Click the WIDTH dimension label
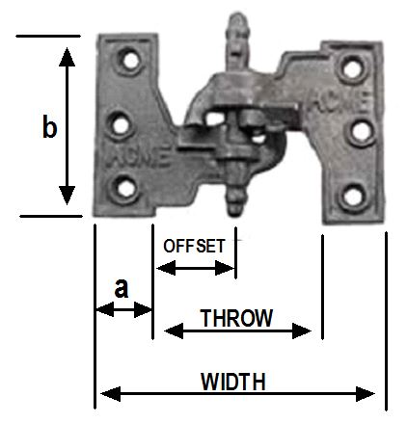click(x=233, y=382)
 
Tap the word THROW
click(x=236, y=318)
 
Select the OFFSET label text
click(x=194, y=246)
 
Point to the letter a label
click(x=122, y=288)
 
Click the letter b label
click(x=50, y=126)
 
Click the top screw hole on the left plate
click(x=130, y=61)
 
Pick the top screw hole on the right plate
click(x=352, y=69)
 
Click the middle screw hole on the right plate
click(x=361, y=132)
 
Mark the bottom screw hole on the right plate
click(x=353, y=195)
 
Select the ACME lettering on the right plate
click(x=339, y=103)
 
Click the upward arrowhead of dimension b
click(x=67, y=57)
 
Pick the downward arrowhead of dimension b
click(x=67, y=196)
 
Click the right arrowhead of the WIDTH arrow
click(x=366, y=394)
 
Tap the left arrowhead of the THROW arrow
click(x=174, y=331)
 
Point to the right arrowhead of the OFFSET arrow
click(x=225, y=268)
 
